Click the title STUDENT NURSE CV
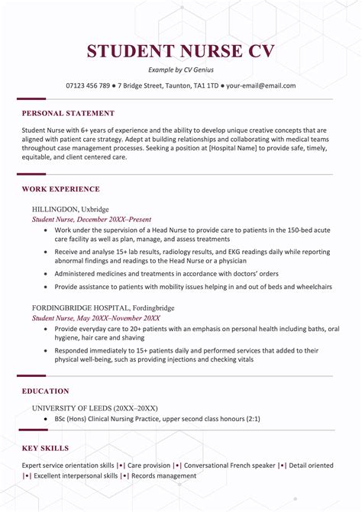[181, 52]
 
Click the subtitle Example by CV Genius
[181, 70]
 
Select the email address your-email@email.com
[261, 85]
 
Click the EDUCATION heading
[46, 391]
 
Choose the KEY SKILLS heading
[46, 448]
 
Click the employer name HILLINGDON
[56, 208]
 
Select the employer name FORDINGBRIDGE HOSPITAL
[82, 308]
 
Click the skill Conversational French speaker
[229, 465]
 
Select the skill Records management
[164, 475]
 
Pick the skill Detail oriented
[311, 465]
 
